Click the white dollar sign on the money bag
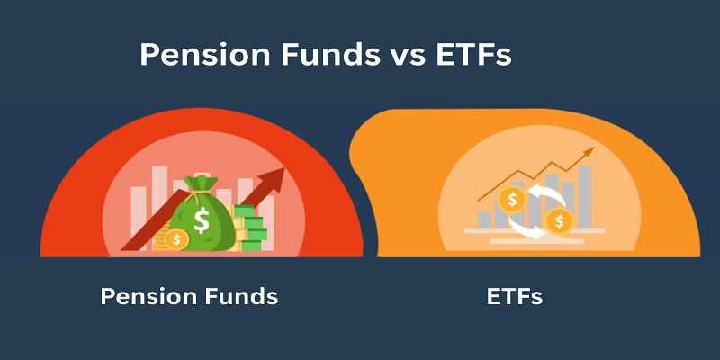(202, 220)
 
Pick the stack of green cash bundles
(250, 229)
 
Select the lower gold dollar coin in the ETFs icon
(559, 220)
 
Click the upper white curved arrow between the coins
(545, 191)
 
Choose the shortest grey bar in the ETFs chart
(485, 219)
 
